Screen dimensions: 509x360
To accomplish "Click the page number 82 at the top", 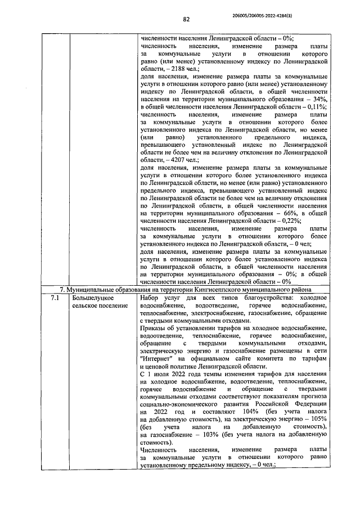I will (x=186, y=19).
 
